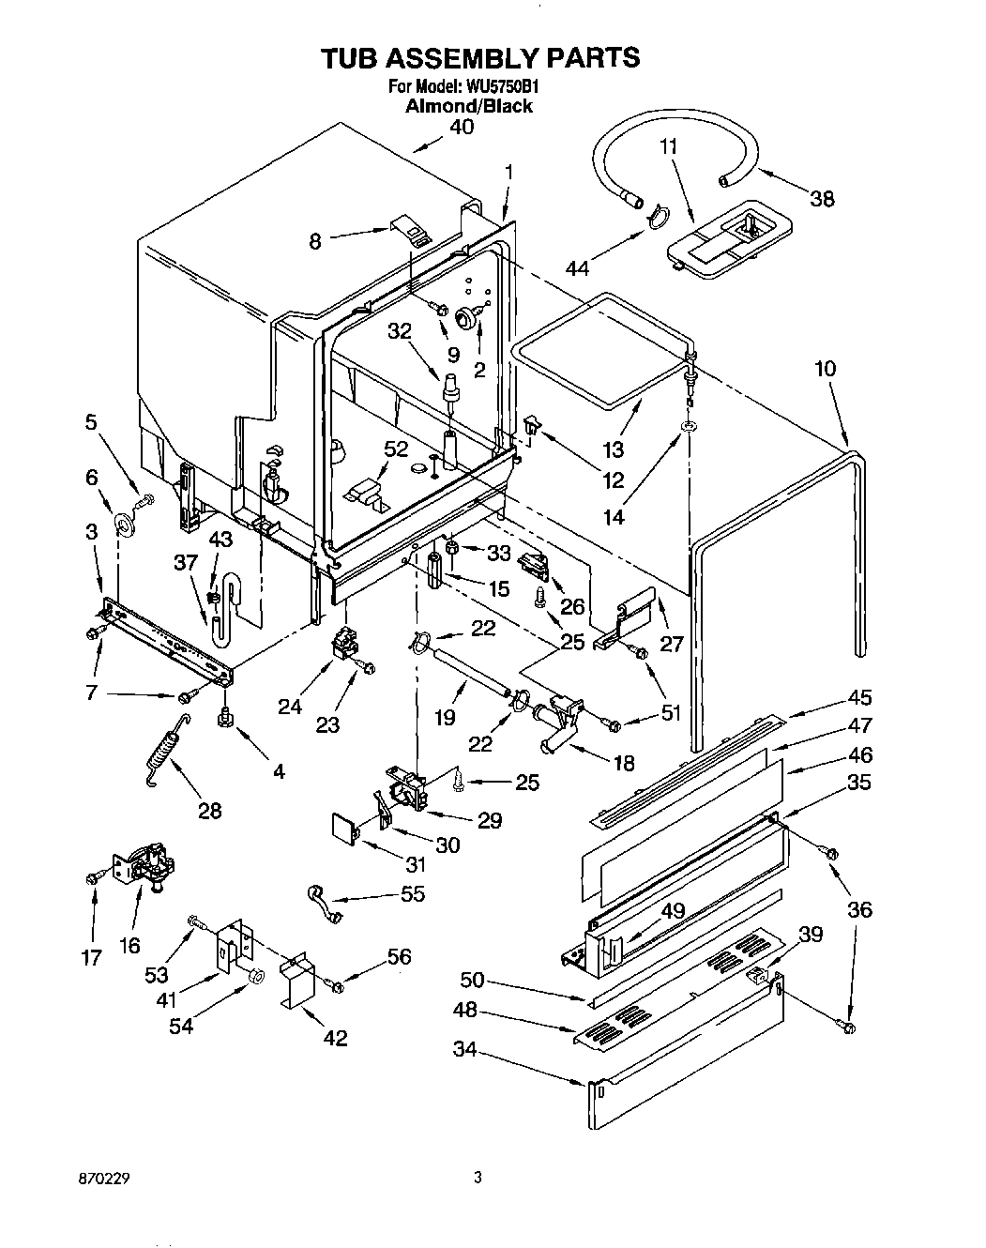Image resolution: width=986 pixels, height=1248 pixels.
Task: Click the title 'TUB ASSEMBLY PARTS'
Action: pos(479,57)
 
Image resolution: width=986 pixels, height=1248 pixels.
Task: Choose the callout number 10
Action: pos(825,368)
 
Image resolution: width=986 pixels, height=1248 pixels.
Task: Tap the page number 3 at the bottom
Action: pos(478,1178)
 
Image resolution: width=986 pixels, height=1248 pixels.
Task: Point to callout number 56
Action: pos(399,956)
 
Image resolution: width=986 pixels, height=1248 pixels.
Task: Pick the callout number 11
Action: pos(668,146)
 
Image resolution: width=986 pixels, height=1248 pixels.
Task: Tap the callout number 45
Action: pos(858,697)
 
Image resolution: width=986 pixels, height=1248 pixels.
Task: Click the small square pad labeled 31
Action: pos(346,826)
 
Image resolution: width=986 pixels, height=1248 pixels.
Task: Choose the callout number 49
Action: pos(672,909)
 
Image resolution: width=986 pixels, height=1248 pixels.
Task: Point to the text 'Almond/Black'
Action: pos(468,105)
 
